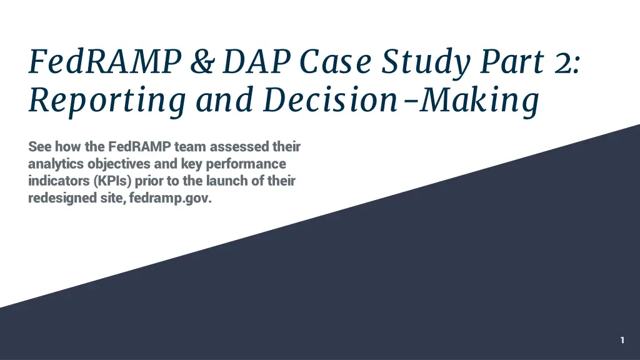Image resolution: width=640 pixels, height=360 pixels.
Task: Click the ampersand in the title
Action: (202, 62)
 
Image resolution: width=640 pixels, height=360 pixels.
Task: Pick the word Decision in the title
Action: (330, 99)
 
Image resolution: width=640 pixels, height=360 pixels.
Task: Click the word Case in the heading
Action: (336, 62)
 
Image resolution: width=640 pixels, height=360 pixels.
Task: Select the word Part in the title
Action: (512, 62)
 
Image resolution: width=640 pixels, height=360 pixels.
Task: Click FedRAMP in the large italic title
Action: (105, 61)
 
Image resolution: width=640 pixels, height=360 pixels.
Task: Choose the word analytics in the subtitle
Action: (56, 164)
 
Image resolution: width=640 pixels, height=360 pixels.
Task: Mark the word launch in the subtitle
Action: (226, 181)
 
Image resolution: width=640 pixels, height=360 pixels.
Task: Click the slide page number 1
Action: (622, 340)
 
